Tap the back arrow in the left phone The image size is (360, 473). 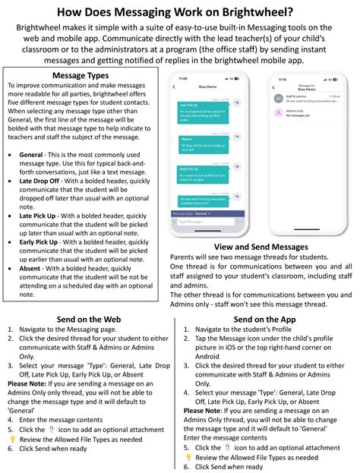tap(176, 89)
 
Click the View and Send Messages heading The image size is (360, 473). tap(261, 248)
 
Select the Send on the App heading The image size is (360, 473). tap(264, 320)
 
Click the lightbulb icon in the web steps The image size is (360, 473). tap(12, 440)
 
